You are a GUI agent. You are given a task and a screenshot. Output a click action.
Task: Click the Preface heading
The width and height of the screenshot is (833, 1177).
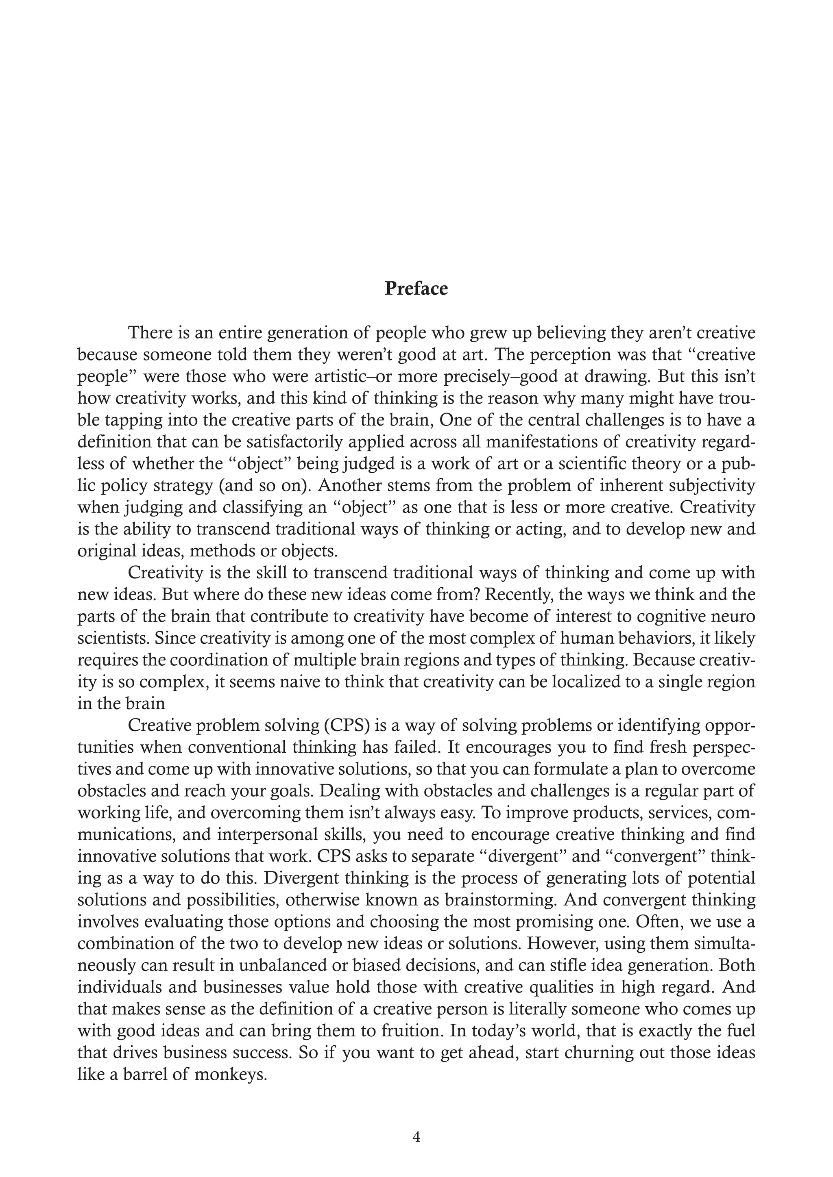[416, 289]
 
